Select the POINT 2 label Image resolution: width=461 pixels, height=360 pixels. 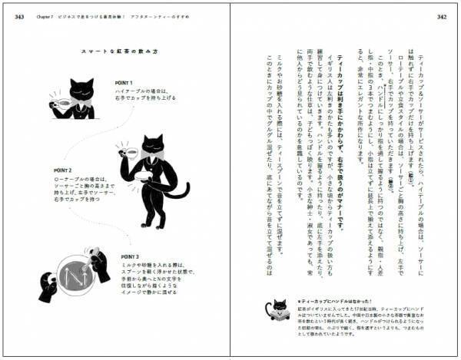click(x=62, y=170)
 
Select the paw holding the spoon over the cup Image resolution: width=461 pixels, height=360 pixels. click(x=98, y=266)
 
